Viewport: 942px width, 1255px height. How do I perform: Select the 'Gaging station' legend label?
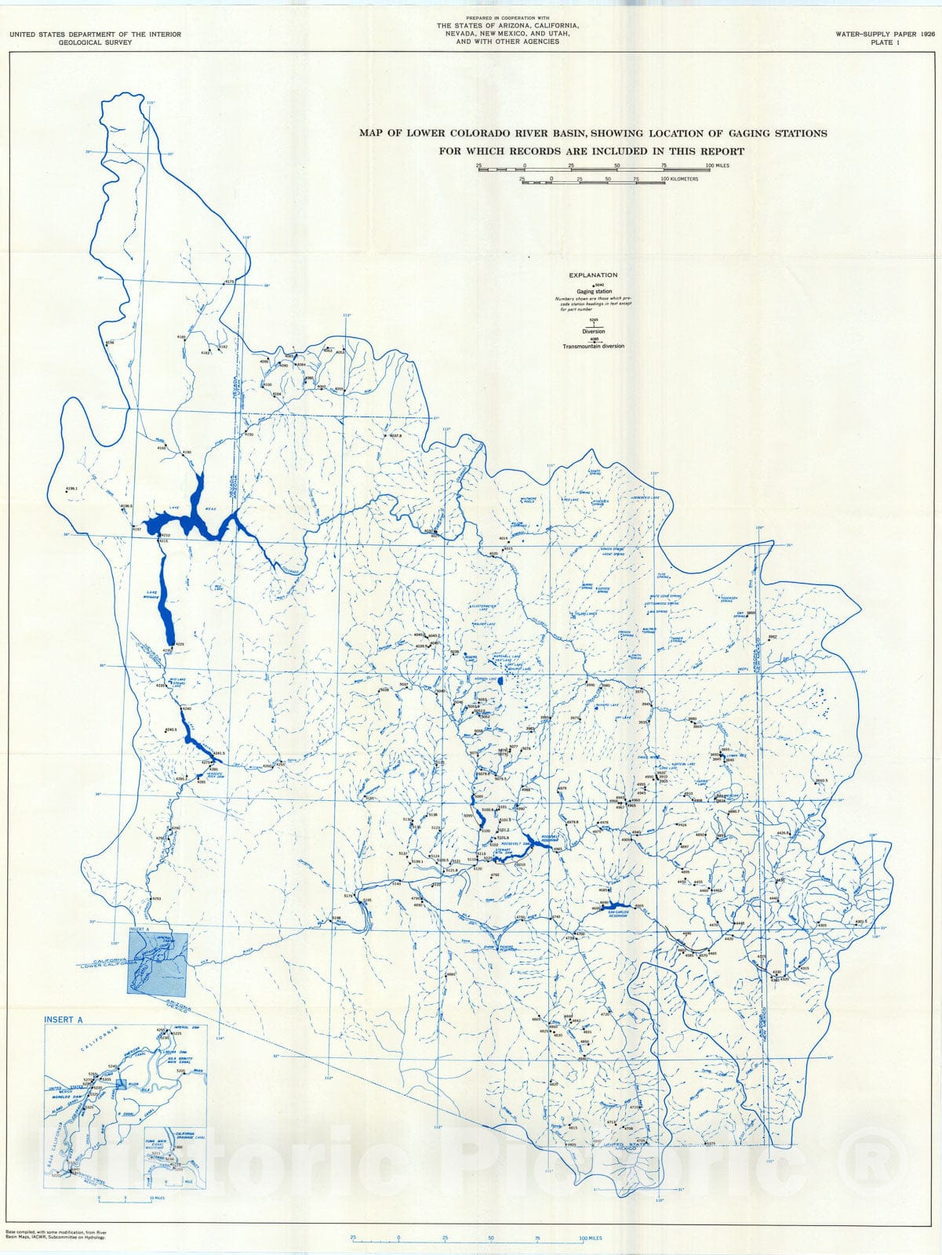click(x=594, y=292)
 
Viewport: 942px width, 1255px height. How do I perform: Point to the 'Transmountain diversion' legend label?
click(x=594, y=346)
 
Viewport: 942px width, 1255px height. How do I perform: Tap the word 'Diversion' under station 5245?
click(x=594, y=332)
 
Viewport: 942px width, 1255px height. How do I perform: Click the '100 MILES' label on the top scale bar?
click(x=717, y=166)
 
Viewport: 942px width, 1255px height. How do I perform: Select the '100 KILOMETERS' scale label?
click(x=679, y=180)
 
